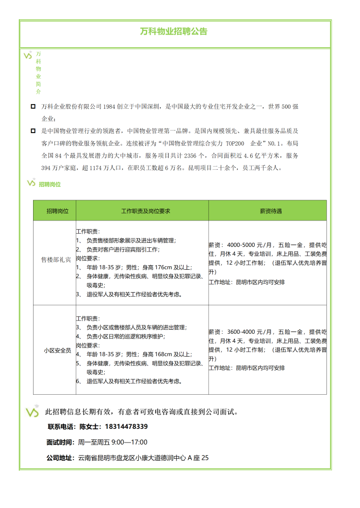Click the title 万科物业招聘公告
[174, 31]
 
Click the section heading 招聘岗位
[50, 184]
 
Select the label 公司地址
[59, 458]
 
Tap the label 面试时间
[59, 442]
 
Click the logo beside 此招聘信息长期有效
[32, 412]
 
